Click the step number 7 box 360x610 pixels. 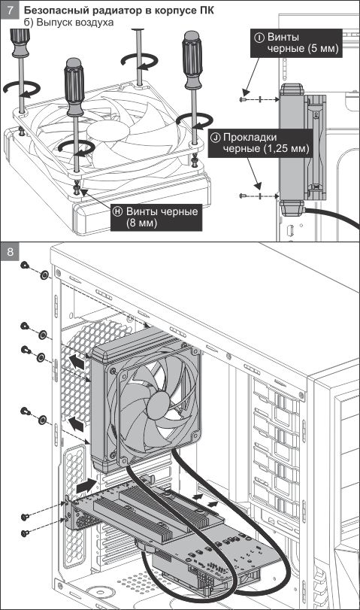[10, 11]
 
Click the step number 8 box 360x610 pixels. [10, 252]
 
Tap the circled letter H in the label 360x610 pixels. [117, 211]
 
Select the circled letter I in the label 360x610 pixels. [259, 38]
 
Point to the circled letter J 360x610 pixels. [216, 138]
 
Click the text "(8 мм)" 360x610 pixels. [141, 223]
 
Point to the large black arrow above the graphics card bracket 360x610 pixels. [86, 485]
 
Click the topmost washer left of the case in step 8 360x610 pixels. [44, 276]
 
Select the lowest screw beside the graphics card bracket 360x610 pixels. [26, 533]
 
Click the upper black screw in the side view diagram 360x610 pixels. [244, 99]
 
